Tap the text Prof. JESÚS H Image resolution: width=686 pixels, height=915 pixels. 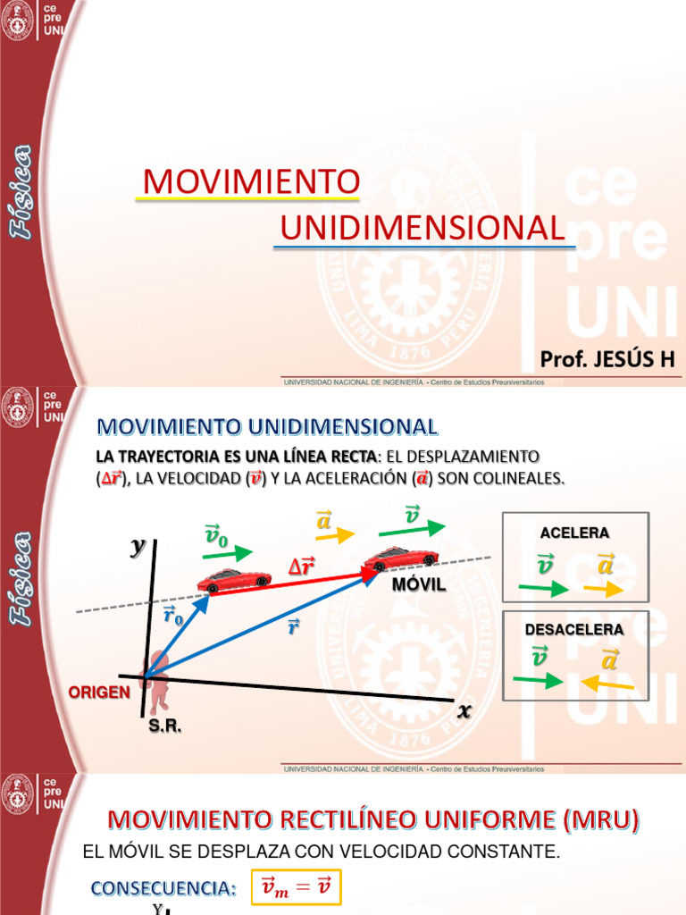607,359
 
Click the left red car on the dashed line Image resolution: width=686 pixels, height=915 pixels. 234,580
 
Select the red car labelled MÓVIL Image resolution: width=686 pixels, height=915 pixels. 401,558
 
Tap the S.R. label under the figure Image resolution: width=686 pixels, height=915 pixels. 165,727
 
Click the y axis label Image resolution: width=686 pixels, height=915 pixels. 138,547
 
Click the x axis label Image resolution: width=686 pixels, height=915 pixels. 464,712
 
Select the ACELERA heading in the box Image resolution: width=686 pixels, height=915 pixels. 574,533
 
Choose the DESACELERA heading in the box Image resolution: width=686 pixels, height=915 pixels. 574,630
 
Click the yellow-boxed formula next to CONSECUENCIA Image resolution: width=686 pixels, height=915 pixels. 296,887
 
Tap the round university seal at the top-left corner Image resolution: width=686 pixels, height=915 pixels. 18,23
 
